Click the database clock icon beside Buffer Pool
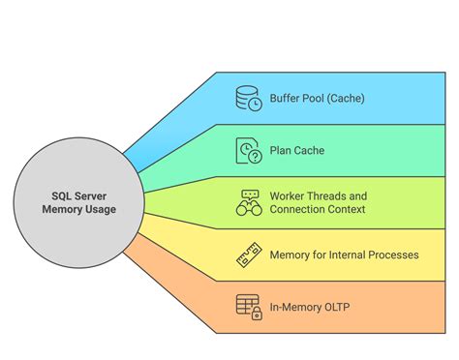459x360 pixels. click(249, 98)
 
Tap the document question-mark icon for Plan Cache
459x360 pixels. click(249, 150)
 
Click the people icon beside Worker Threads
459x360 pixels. click(249, 202)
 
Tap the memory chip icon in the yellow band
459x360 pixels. click(249, 255)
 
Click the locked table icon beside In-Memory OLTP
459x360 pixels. click(249, 307)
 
